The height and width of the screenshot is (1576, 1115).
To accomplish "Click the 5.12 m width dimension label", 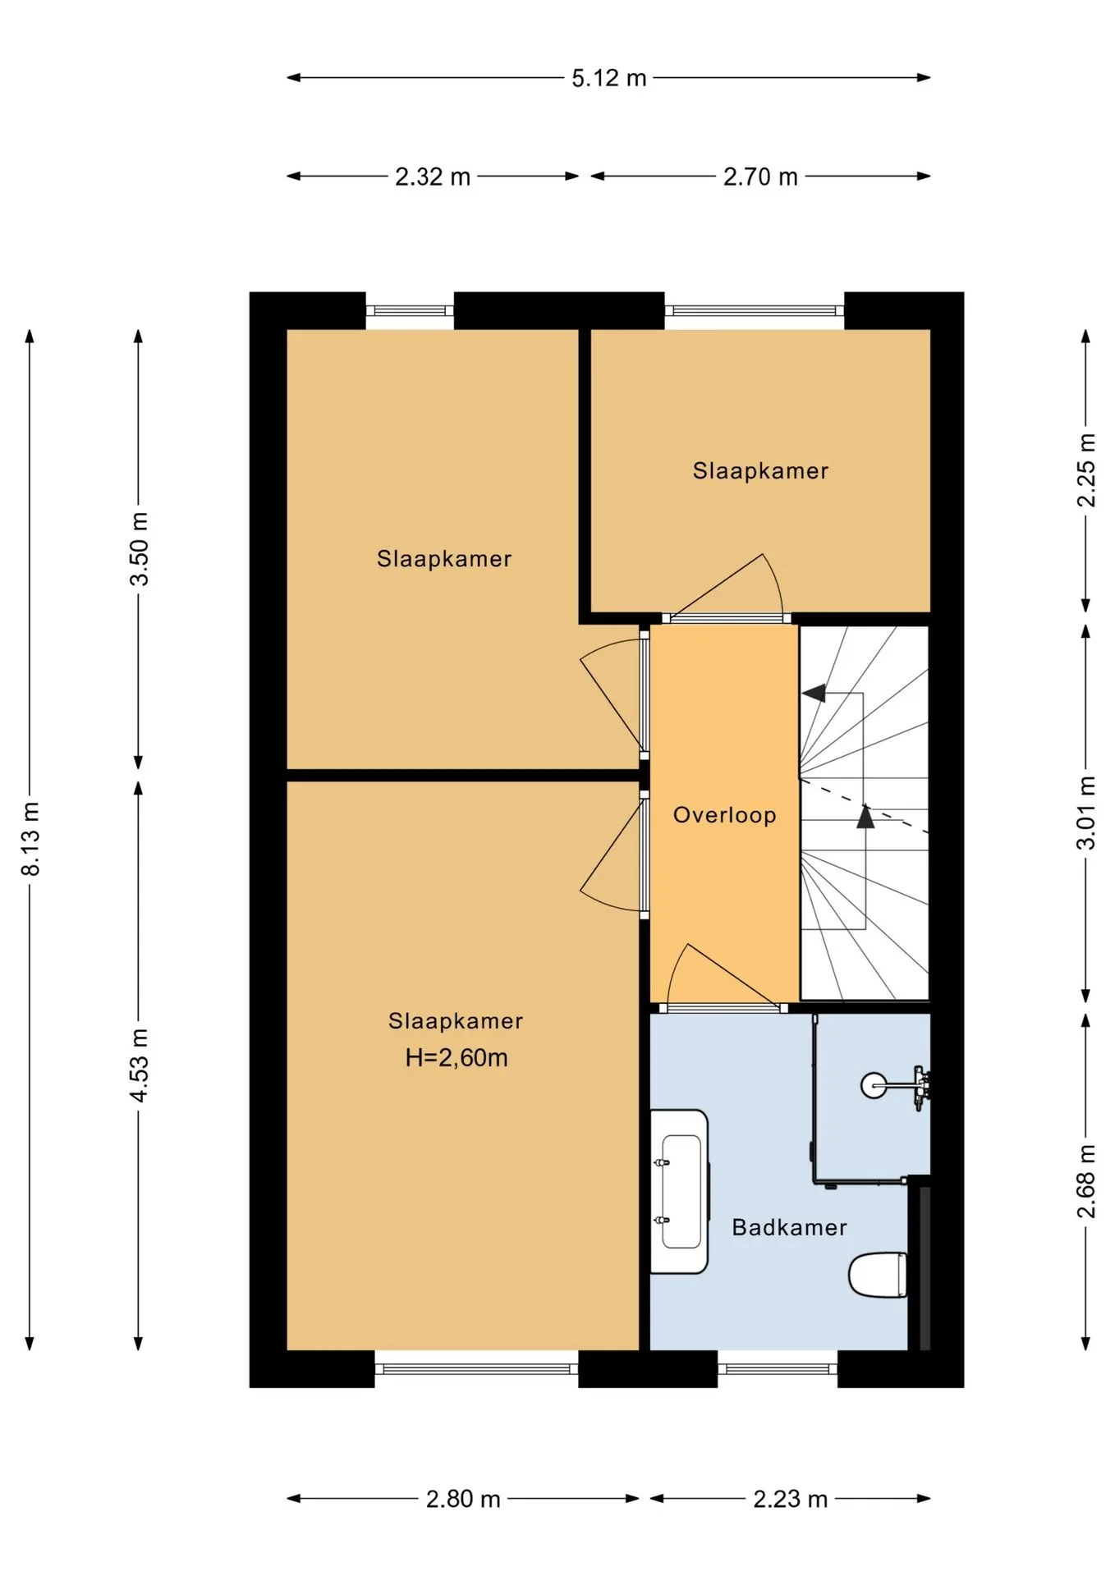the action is (609, 78).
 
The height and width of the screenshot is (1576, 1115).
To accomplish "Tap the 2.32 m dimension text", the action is (433, 176).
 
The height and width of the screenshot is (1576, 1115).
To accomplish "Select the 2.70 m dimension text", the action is (760, 176).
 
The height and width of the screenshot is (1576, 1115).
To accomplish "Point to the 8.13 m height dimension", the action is (30, 838).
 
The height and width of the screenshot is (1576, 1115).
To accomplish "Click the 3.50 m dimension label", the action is (140, 548).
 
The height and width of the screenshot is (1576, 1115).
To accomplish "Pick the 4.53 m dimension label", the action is (140, 1065).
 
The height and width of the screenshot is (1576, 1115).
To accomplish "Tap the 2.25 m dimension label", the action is (1086, 470).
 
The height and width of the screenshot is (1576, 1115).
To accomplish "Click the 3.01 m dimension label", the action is (1086, 813).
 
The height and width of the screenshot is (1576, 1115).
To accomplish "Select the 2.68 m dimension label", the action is (1086, 1181).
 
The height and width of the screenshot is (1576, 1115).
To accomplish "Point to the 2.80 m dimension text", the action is (463, 1499).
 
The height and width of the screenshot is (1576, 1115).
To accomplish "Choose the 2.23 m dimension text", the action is (791, 1499).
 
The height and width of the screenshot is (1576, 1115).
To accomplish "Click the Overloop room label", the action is (724, 815).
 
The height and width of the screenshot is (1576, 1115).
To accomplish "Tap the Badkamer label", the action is (789, 1227).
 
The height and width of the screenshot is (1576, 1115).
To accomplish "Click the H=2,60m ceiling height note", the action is (457, 1057).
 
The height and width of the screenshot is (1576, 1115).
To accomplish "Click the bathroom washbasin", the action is (680, 1192).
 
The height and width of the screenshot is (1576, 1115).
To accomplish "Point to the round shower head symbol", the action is (874, 1085).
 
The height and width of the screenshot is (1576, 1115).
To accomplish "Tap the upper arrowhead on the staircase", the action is (814, 693).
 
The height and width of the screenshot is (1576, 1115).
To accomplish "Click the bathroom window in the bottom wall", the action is (778, 1368).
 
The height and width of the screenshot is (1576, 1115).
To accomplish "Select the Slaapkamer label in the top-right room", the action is (760, 470).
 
